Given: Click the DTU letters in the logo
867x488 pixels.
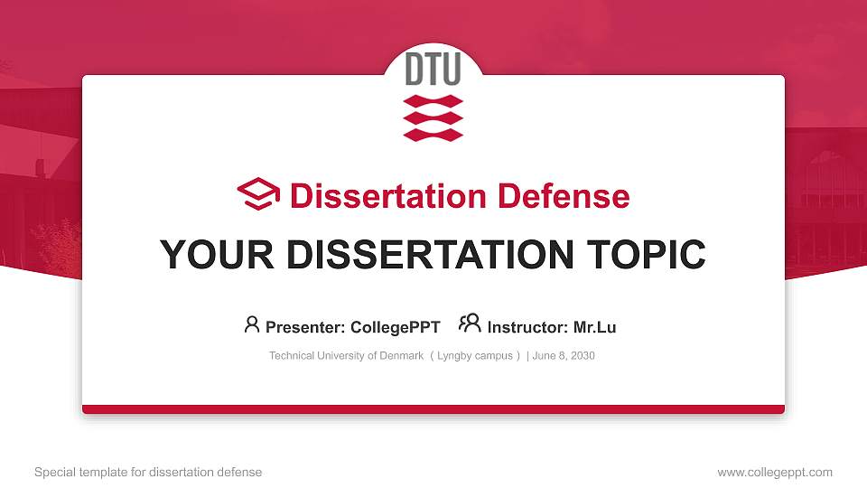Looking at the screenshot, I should pyautogui.click(x=433, y=70).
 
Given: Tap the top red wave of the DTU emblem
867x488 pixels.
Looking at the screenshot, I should pyautogui.click(x=433, y=100).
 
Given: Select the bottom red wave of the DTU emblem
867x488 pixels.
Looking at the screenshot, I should pyautogui.click(x=433, y=134).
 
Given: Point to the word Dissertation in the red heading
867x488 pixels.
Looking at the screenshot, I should pyautogui.click(x=377, y=196).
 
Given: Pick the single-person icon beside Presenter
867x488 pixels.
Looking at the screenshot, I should pyautogui.click(x=252, y=324).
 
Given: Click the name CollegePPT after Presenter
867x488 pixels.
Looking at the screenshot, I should pyautogui.click(x=395, y=327).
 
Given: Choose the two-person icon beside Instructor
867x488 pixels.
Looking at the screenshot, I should pyautogui.click(x=470, y=324).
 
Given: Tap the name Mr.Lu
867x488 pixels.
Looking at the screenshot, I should pyautogui.click(x=594, y=327).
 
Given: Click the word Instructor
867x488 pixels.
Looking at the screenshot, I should pyautogui.click(x=527, y=327).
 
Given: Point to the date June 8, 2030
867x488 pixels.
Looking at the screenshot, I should pyautogui.click(x=564, y=356).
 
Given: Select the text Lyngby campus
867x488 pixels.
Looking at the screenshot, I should pyautogui.click(x=475, y=356).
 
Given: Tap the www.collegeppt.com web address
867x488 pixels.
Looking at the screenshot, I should pyautogui.click(x=774, y=472).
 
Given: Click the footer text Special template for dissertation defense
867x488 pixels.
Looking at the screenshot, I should pyautogui.click(x=148, y=472).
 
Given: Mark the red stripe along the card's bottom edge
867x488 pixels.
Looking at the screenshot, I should pyautogui.click(x=433, y=409).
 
